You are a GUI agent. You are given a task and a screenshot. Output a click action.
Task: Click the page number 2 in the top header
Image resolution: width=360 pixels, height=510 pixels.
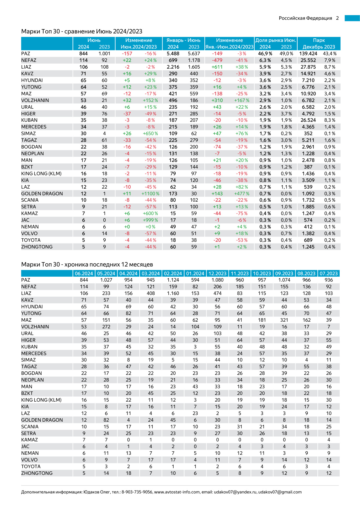point(337,18)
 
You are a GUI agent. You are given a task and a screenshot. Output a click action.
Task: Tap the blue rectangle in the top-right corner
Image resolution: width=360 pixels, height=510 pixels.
point(352,18)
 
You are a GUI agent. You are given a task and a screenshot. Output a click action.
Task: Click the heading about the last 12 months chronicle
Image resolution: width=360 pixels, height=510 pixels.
point(87,264)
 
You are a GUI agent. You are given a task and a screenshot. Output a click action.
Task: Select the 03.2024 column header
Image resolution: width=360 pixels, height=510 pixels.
point(151,273)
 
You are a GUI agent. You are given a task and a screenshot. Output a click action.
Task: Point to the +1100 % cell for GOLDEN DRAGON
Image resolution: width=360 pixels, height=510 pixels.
point(150,194)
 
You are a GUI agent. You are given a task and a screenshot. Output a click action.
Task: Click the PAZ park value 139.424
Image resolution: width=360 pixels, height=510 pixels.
point(308,53)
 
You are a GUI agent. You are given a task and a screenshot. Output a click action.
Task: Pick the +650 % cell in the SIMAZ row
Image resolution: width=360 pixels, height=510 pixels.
point(150,133)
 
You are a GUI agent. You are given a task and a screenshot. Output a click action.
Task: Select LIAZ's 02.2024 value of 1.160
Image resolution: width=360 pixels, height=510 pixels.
point(173,293)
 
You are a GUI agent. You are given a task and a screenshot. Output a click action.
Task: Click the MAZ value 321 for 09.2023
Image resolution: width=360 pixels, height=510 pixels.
point(284,320)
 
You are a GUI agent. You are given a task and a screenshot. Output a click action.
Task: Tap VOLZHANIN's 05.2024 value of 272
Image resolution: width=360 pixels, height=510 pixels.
point(106,327)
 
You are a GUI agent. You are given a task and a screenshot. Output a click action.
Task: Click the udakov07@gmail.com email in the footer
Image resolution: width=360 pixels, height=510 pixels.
point(280,492)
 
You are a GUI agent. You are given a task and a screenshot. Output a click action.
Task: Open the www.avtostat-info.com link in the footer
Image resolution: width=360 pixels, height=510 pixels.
point(177,492)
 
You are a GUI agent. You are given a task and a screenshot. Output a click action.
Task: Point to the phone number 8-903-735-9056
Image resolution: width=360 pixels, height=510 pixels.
point(137,492)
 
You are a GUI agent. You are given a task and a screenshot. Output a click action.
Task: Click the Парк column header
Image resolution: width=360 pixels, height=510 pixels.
point(319,40)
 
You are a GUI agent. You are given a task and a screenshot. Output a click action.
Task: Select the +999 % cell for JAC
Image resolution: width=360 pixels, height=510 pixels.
point(150,220)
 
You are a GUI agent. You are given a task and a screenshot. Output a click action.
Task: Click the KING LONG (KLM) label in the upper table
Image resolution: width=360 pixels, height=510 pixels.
point(41,173)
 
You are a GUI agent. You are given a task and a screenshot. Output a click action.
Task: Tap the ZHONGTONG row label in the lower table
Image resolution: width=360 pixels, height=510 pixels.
point(37,473)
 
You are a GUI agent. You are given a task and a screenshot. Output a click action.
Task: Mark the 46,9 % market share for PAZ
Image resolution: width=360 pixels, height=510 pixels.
point(265,53)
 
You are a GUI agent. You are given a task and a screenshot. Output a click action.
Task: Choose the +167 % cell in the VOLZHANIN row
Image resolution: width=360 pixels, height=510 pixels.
point(242,100)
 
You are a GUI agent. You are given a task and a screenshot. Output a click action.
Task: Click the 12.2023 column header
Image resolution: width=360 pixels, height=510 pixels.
point(217,273)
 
